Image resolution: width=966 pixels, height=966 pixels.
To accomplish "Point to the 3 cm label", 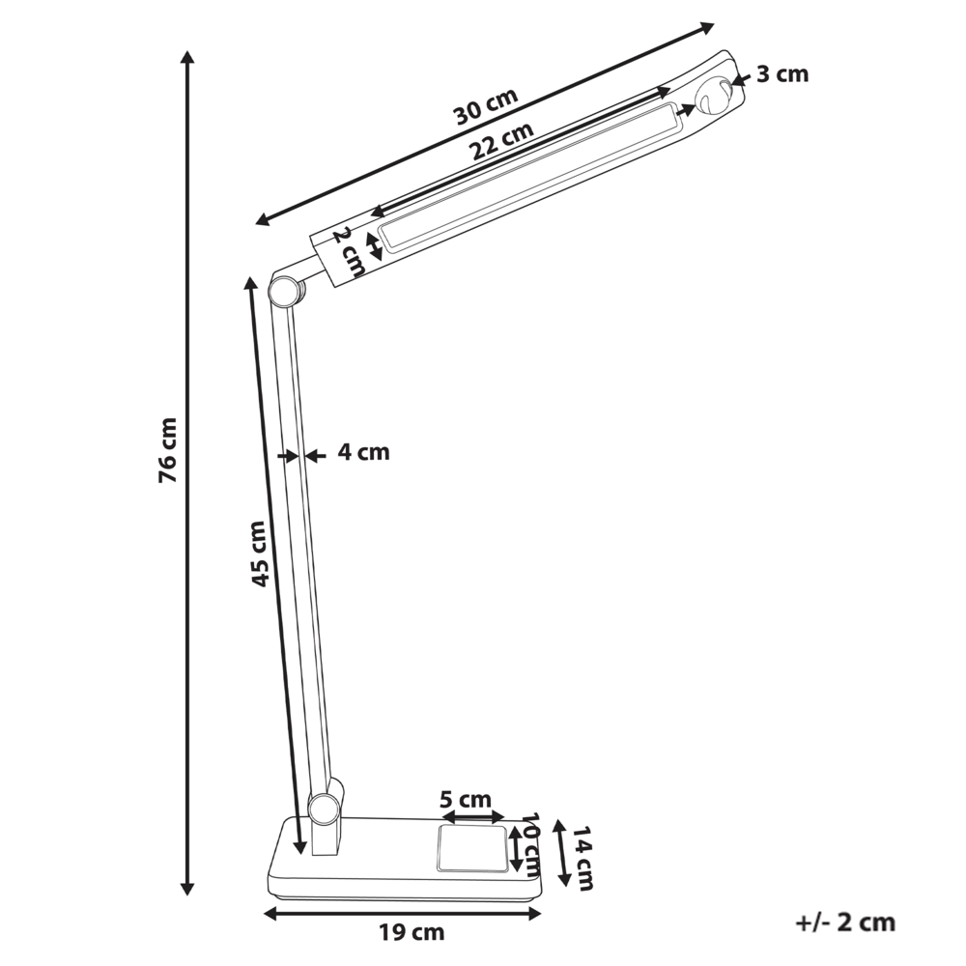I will [781, 74].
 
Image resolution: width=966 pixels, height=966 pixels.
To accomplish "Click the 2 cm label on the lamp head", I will [348, 251].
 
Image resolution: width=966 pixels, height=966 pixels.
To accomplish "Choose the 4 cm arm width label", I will [363, 452].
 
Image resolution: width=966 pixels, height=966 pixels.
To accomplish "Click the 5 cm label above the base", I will [465, 800].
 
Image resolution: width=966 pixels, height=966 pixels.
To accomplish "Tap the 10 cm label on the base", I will [529, 842].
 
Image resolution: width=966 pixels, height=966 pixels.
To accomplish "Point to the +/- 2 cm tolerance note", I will [846, 923].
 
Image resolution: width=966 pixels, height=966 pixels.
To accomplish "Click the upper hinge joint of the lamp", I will [284, 290].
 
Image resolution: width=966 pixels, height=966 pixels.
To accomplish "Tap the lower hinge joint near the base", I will [323, 807].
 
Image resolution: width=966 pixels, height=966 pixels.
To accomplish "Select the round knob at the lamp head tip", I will [716, 97].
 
